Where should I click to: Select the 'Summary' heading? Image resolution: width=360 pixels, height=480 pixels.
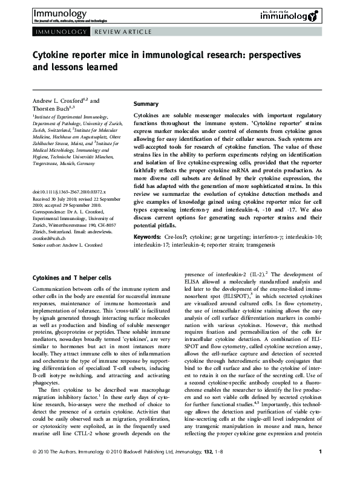pos(146,104)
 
